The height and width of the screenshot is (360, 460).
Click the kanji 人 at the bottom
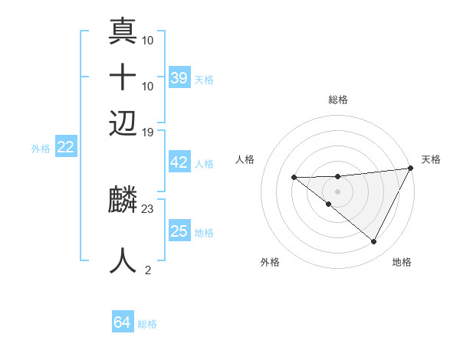coord(123,260)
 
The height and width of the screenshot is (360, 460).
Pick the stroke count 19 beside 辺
coord(148,133)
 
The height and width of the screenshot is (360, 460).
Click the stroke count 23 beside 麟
coord(148,208)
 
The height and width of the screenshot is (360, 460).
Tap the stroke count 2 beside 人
coord(148,270)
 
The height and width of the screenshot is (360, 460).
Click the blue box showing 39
coord(179,77)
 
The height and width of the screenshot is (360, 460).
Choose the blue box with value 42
coord(179,162)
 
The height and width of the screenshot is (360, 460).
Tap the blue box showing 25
coord(179,231)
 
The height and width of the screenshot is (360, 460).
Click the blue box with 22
coord(65,147)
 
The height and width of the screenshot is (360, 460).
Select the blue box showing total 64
coord(123,322)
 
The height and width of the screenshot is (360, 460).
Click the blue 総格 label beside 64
coord(148,324)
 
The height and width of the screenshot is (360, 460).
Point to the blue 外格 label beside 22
coord(41,149)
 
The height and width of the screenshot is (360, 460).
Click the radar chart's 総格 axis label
coord(338,100)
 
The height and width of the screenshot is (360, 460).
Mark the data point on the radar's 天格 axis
coord(411,169)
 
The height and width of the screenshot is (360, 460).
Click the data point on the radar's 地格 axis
coord(373,242)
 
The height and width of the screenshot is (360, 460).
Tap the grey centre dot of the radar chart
coord(337,191)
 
